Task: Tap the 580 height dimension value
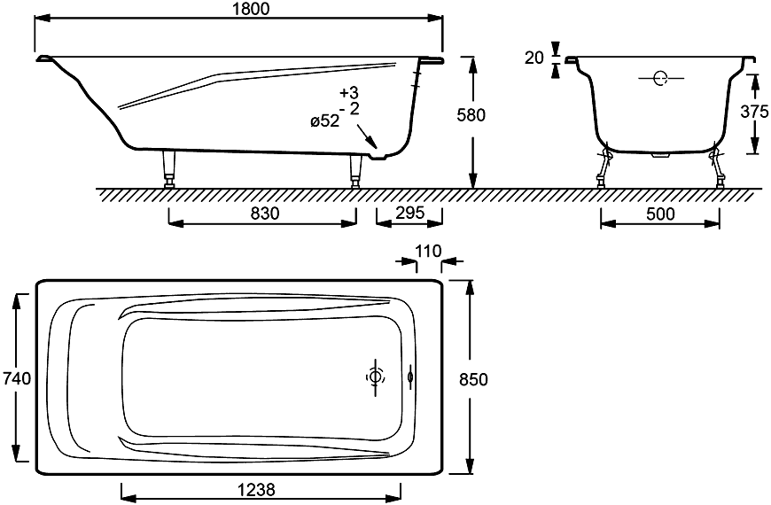[471, 114]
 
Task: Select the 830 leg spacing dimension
[265, 214]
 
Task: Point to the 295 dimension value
[409, 214]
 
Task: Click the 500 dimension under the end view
[660, 214]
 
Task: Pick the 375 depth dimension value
[754, 112]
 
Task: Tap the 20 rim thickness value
[534, 58]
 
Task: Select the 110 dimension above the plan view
[428, 252]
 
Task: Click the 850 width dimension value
[473, 379]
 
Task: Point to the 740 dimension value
[17, 378]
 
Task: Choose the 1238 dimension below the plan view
[256, 490]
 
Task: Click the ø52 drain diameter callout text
[324, 121]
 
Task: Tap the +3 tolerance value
[349, 93]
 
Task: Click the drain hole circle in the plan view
[375, 377]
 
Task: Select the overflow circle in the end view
[660, 78]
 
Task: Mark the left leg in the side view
[169, 167]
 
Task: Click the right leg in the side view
[354, 170]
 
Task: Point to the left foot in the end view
[604, 167]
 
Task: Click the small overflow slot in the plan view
[410, 377]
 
